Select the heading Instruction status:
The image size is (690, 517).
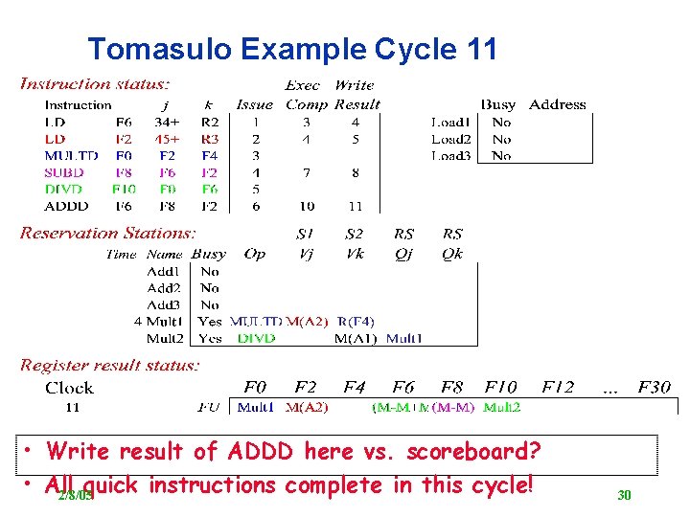[95, 84]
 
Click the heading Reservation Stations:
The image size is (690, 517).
[107, 233]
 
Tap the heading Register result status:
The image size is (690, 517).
[110, 365]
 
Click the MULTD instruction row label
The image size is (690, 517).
[71, 155]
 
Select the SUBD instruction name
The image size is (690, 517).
[64, 172]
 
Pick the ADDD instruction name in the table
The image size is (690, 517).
[66, 206]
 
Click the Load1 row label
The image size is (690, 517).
[450, 122]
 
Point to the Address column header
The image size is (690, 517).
[557, 104]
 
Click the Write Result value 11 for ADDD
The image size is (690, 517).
[355, 206]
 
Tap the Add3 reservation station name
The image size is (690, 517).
[164, 304]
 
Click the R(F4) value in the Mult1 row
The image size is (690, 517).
[356, 321]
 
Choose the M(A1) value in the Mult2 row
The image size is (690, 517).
[356, 338]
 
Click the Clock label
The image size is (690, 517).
[69, 388]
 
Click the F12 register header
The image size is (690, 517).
[558, 388]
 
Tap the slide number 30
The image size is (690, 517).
[624, 495]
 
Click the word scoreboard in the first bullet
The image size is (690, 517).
[472, 450]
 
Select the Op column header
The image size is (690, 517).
[255, 254]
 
